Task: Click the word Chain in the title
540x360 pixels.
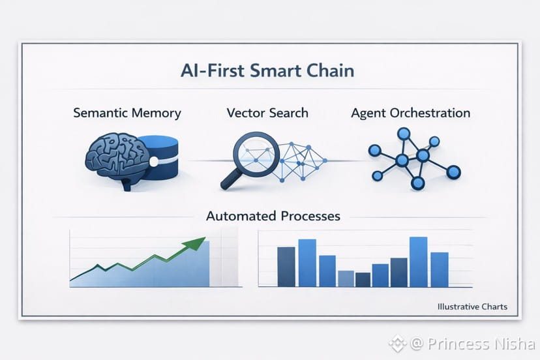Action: [330, 70]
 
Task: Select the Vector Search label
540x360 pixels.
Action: [267, 113]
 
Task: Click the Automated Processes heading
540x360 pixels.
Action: [273, 216]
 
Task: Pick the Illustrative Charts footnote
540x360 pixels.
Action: [472, 307]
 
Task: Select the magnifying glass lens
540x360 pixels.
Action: [256, 151]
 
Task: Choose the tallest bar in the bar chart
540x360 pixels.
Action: [419, 262]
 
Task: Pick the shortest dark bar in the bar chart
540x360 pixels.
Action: [363, 280]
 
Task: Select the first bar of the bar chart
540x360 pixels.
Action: [286, 267]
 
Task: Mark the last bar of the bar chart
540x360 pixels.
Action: [440, 269]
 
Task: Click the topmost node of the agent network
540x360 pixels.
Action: [404, 133]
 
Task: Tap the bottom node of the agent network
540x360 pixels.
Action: [417, 183]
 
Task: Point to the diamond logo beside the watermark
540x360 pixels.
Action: [397, 343]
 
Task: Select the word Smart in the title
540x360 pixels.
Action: [277, 70]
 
